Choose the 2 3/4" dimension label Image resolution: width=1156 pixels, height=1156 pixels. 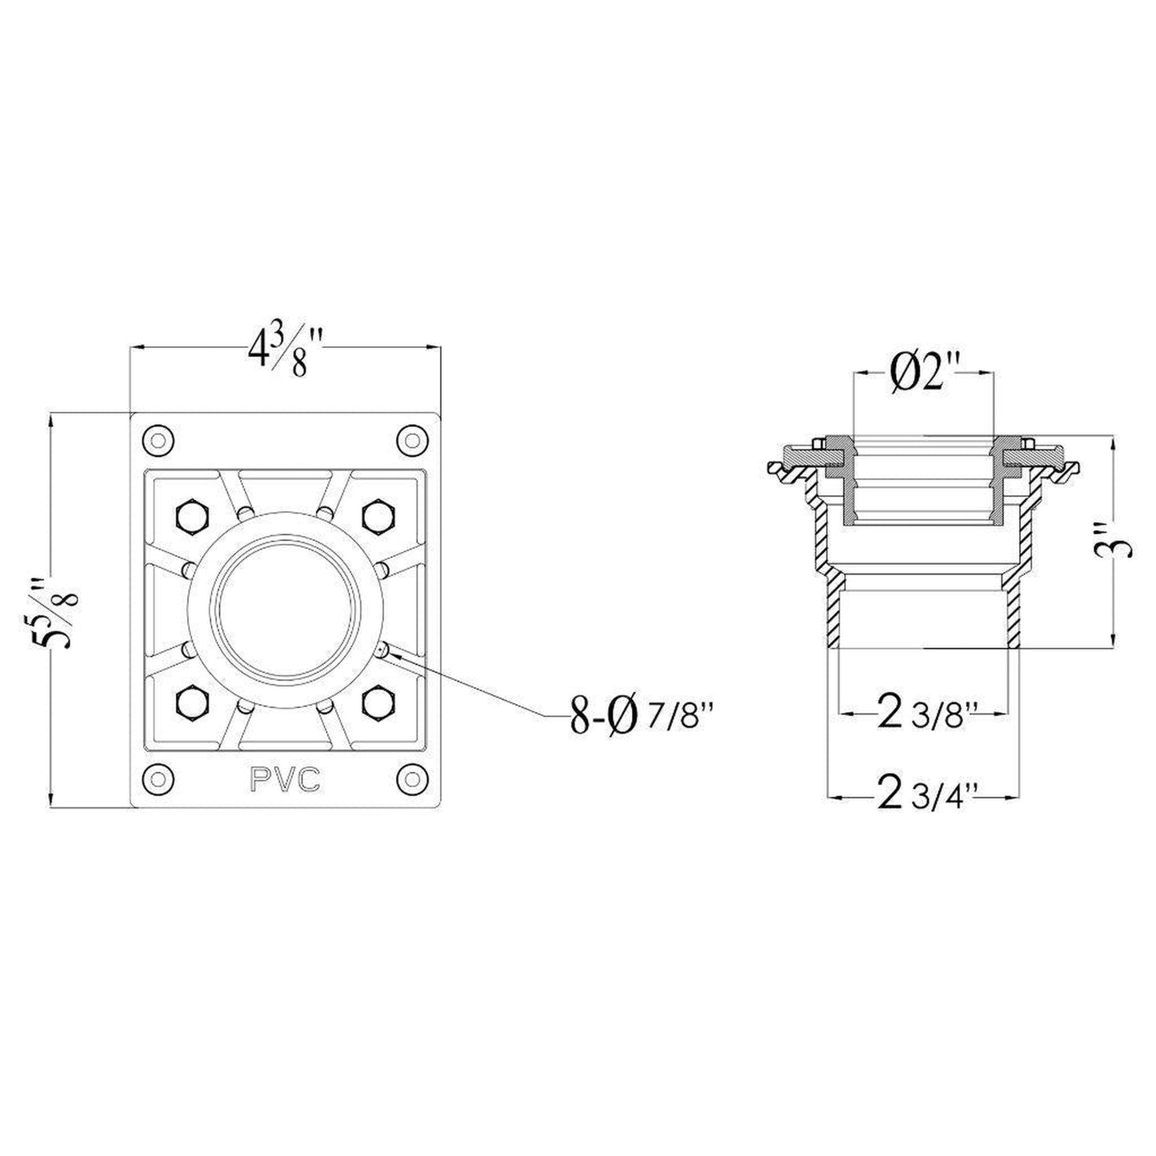coord(926,795)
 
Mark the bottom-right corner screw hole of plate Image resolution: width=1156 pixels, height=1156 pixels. coord(411,776)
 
